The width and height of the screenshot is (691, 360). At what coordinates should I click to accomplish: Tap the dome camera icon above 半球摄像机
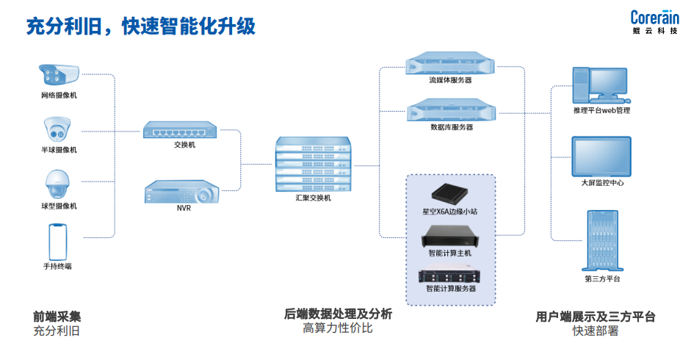pyautogui.click(x=58, y=130)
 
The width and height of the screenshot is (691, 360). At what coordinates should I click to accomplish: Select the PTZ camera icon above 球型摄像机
pyautogui.click(x=58, y=184)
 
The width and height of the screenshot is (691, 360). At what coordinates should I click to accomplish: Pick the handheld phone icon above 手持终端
pyautogui.click(x=58, y=240)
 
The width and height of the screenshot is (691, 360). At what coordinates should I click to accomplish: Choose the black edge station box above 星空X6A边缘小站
pyautogui.click(x=449, y=193)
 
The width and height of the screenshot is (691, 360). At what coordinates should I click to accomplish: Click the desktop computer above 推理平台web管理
pyautogui.click(x=600, y=85)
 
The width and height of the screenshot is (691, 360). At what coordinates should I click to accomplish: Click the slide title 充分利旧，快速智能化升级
pyautogui.click(x=140, y=27)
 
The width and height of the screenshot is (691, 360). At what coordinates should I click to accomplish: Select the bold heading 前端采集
pyautogui.click(x=57, y=317)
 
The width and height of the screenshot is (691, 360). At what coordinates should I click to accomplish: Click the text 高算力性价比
pyautogui.click(x=338, y=328)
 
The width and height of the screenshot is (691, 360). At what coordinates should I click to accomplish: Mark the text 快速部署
pyautogui.click(x=596, y=331)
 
